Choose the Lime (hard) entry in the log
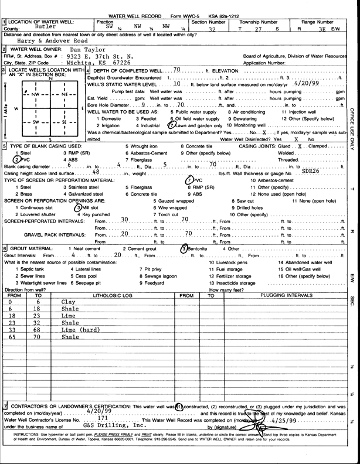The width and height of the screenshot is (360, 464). pos(82,330)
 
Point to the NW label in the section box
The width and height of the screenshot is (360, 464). pos(37,93)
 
